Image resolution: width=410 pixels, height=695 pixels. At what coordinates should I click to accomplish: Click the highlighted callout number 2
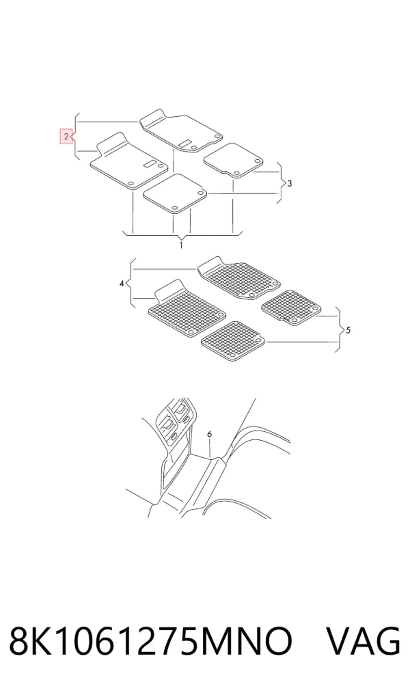click(x=66, y=137)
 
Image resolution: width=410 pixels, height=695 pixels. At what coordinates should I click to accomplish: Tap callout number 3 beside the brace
click(x=290, y=183)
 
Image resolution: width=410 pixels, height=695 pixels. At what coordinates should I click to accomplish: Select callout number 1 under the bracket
click(x=181, y=245)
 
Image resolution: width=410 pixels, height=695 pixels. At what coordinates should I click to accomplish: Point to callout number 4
click(x=122, y=283)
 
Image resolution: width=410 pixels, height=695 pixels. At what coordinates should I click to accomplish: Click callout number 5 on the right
click(x=348, y=330)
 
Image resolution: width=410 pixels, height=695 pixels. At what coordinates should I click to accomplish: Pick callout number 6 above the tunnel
click(x=209, y=434)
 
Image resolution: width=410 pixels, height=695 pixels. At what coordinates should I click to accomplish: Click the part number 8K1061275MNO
click(x=151, y=642)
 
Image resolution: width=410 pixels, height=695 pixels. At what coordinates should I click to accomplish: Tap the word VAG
click(x=364, y=642)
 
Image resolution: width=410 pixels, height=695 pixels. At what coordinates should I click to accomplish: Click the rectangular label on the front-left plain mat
click(x=150, y=163)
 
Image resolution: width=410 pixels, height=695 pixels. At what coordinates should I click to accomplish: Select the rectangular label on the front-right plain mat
click(x=185, y=143)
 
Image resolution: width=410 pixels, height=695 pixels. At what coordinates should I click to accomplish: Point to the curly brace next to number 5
click(x=338, y=329)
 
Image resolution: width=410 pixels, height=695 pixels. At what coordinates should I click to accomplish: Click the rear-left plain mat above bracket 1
click(x=176, y=193)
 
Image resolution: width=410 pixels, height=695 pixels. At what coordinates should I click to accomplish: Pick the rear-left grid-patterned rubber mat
click(x=233, y=340)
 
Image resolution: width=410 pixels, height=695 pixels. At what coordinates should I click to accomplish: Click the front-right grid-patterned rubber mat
click(x=239, y=278)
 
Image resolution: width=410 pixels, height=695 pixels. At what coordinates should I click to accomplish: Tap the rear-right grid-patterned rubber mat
click(x=291, y=307)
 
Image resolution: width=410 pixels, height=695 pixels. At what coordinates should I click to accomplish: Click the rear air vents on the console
click(x=174, y=419)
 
